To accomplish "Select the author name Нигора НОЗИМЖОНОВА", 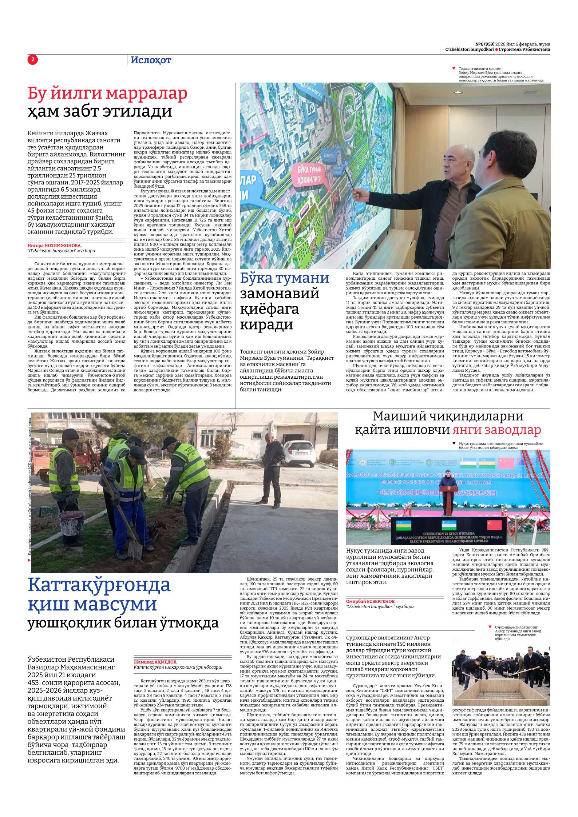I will click(55, 245).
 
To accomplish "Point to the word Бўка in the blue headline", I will click(258, 278).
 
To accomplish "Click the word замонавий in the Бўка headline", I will click(280, 293).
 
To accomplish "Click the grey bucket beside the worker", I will click(69, 522).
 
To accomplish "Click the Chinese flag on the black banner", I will click(494, 525).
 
